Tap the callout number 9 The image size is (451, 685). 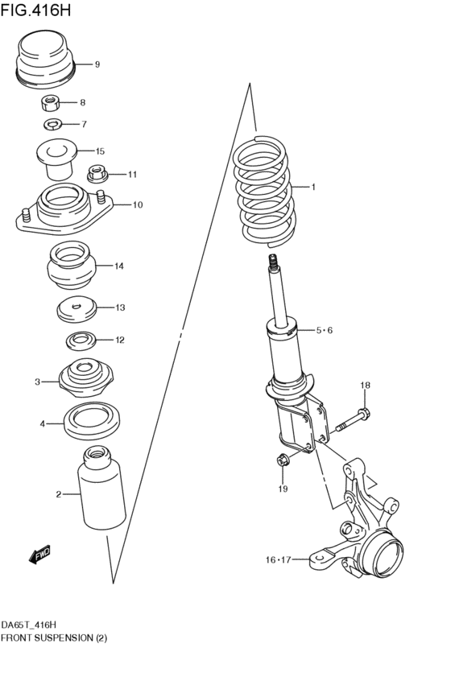[97, 64]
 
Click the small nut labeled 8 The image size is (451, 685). [52, 102]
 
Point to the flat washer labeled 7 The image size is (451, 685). [53, 124]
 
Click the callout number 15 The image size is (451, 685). [100, 151]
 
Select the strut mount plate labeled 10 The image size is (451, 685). [63, 208]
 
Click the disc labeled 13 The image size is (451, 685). [77, 307]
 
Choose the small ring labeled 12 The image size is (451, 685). [79, 340]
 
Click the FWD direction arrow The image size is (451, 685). [39, 554]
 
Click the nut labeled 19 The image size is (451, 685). [283, 461]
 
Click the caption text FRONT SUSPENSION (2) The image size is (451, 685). [54, 638]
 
